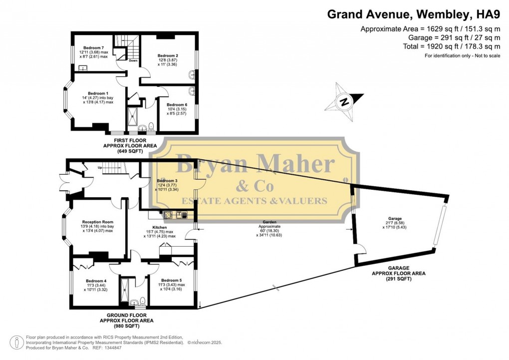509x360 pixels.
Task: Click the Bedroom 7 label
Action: [x=93, y=47]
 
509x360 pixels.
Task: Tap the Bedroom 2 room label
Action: [x=168, y=55]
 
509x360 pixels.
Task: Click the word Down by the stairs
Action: [x=133, y=61]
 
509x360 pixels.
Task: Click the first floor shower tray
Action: [x=133, y=119]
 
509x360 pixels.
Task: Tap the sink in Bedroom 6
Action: [x=192, y=92]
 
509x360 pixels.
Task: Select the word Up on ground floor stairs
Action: [x=99, y=167]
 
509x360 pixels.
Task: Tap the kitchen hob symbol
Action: [x=168, y=215]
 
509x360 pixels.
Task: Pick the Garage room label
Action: [x=394, y=218]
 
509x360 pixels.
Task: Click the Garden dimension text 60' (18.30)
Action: [x=270, y=230]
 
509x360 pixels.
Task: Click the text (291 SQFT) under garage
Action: [x=397, y=279]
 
